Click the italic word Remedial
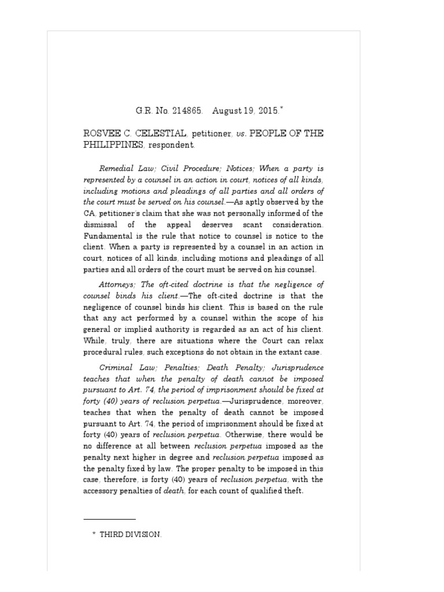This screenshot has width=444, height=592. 117,169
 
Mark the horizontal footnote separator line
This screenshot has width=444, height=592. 109,519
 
